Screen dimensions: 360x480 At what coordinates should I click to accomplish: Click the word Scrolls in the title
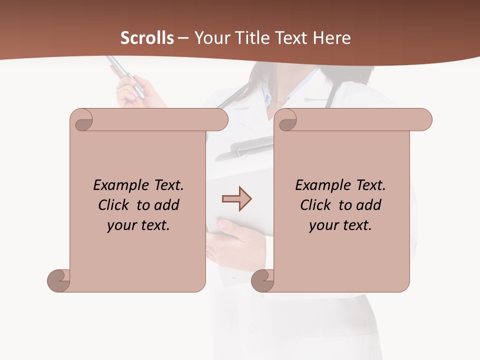(x=147, y=37)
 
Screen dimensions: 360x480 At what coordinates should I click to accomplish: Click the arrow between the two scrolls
(x=236, y=199)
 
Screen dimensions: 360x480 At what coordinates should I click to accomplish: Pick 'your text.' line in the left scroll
(x=138, y=225)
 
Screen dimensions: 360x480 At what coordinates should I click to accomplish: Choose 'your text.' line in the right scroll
(x=340, y=225)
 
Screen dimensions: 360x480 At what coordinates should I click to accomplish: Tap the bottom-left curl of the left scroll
(x=58, y=280)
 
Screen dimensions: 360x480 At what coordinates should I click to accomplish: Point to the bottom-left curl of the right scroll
(x=262, y=280)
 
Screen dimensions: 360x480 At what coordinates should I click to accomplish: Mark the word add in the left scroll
(x=166, y=205)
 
